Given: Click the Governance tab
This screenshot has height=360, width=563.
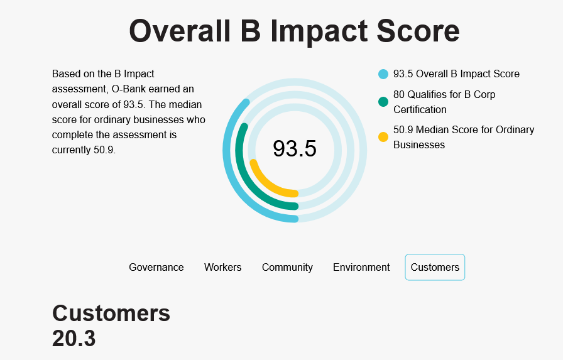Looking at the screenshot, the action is (156, 268).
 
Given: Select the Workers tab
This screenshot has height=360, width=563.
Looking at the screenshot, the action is (222, 268).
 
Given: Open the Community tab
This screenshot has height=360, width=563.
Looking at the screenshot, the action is (287, 268).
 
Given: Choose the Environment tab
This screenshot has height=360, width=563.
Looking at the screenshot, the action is (361, 268).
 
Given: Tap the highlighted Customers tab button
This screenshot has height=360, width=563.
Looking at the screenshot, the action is (435, 268).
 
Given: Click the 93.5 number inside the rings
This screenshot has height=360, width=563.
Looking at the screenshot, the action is (295, 149).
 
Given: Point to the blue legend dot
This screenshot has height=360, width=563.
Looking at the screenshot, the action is (383, 74).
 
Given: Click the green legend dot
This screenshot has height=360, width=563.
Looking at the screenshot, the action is (383, 102).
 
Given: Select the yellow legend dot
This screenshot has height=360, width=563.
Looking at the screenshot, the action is (383, 137).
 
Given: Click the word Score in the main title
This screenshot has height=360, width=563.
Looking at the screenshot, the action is (418, 31).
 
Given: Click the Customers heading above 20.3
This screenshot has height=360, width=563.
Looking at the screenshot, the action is (111, 314).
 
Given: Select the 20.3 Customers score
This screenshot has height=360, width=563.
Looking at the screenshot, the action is (74, 339).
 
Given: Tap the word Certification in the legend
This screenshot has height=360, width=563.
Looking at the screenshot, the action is (420, 109).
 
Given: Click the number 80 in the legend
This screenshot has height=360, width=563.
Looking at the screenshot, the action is (399, 94).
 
